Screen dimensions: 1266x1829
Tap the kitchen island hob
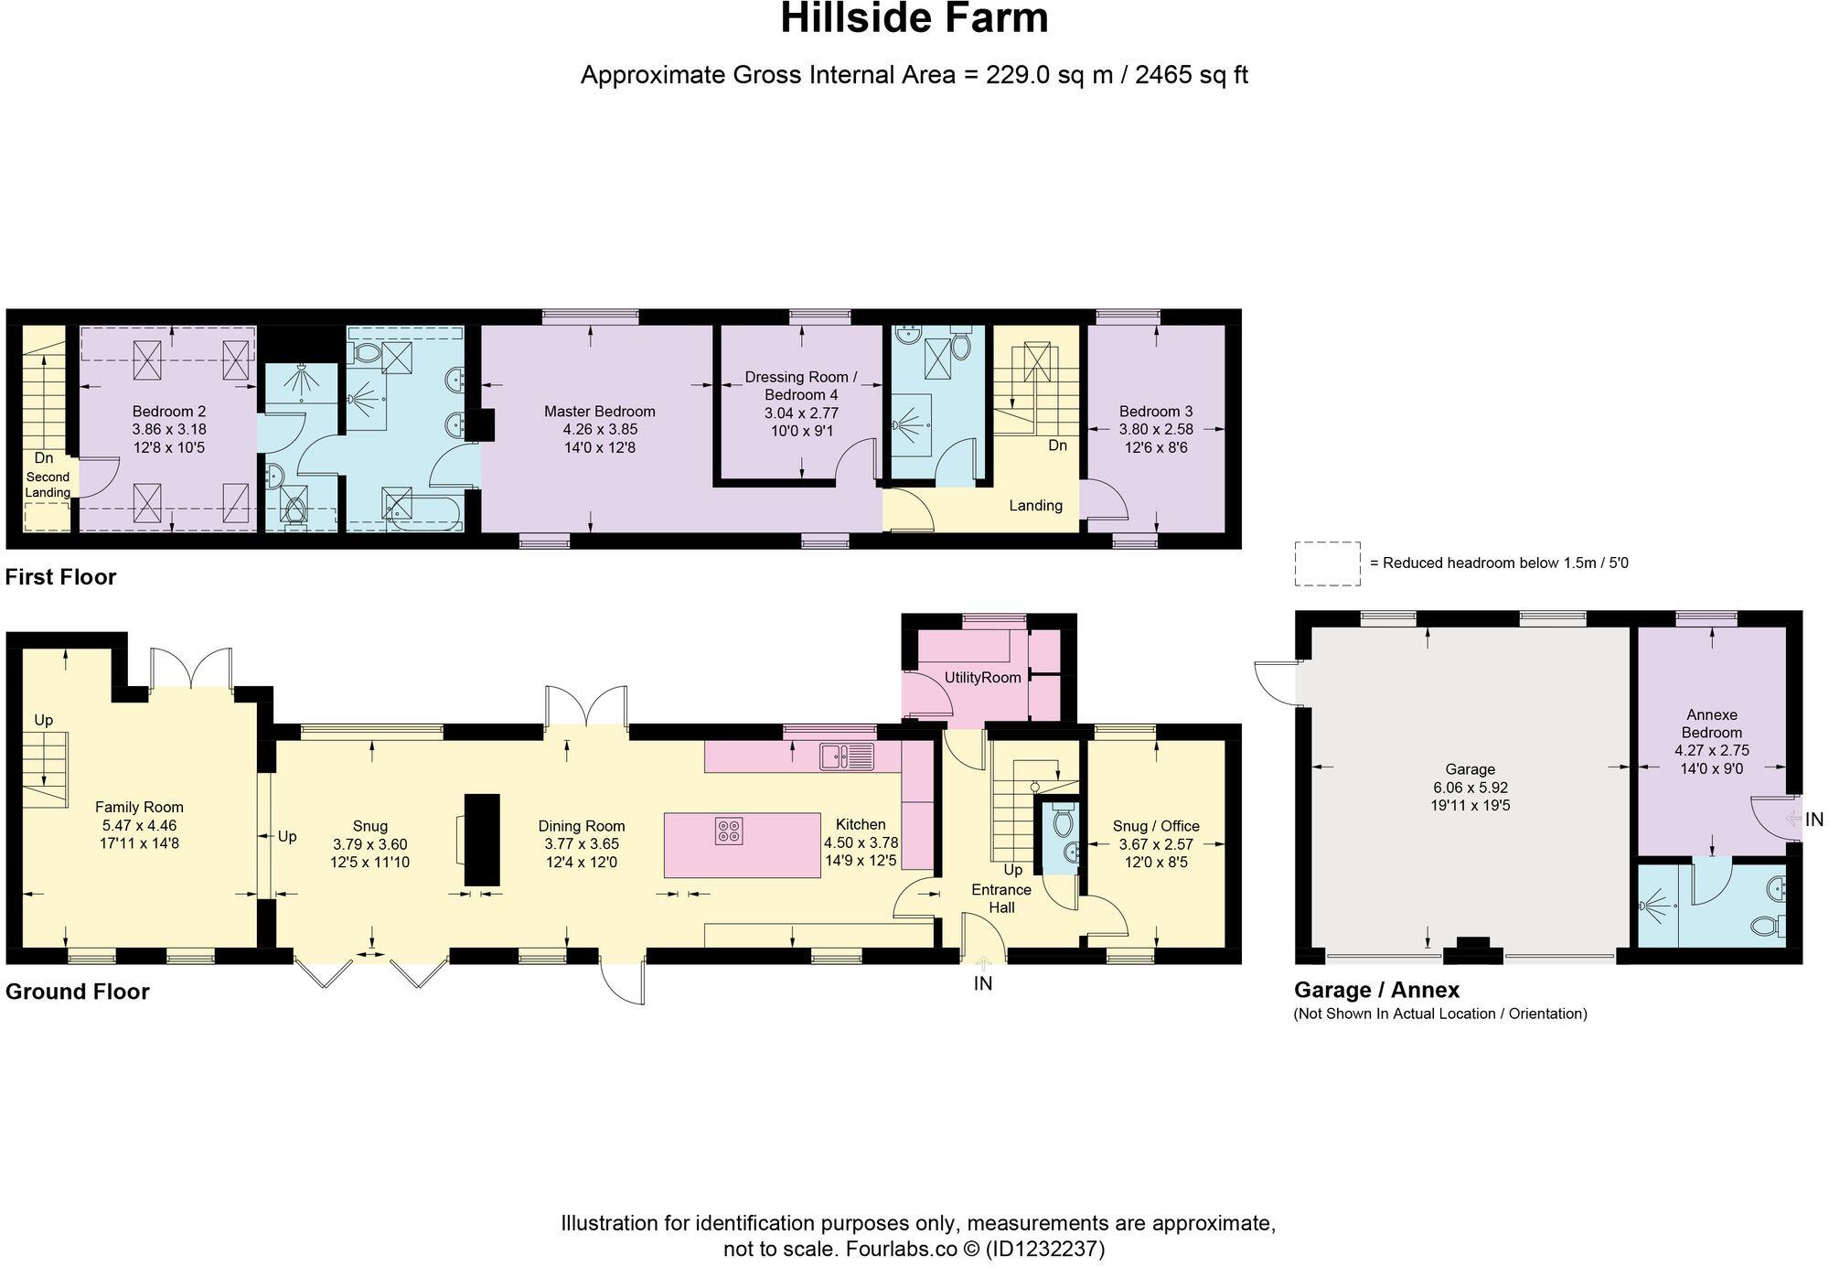point(729,831)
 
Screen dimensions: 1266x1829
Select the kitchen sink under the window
point(847,756)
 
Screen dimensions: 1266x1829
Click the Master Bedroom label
point(599,412)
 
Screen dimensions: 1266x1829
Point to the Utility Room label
point(982,678)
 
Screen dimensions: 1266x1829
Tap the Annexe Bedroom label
point(1711,724)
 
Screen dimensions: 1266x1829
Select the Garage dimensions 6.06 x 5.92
point(1470,788)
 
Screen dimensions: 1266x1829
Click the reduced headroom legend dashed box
point(1326,563)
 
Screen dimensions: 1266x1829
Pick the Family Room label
point(139,807)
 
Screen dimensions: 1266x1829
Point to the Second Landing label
point(48,485)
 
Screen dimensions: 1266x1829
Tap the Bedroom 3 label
point(1156,412)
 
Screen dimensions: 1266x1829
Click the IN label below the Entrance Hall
point(983,983)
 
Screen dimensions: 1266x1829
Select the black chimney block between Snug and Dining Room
point(482,840)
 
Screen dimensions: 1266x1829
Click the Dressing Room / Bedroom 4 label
point(801,385)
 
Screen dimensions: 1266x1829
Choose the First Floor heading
point(60,577)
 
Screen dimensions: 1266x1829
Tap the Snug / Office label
point(1156,826)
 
